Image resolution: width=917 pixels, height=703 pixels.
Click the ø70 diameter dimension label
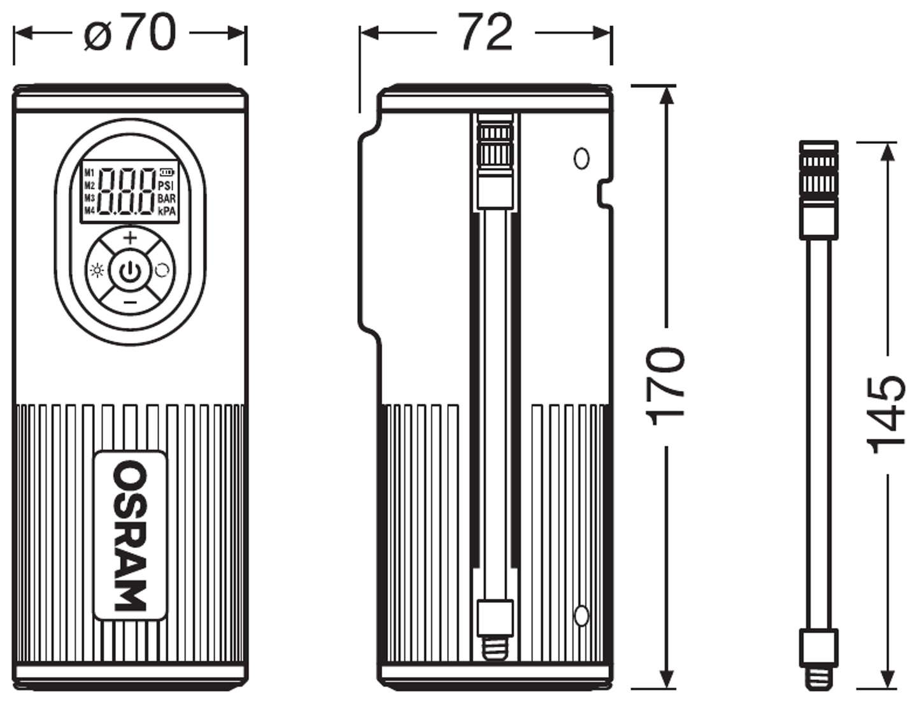coord(129,33)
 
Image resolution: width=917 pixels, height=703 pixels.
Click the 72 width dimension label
coord(486,32)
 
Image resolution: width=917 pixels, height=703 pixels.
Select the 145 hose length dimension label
coord(887,415)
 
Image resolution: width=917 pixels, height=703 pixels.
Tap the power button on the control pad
coord(130,271)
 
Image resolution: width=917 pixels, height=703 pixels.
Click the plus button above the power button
coord(130,238)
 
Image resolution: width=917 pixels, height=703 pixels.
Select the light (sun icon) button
coord(97,271)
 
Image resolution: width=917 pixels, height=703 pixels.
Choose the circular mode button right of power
coord(162,271)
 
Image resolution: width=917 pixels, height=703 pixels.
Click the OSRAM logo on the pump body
coord(131,536)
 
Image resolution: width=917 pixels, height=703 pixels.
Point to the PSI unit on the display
coord(166,186)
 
